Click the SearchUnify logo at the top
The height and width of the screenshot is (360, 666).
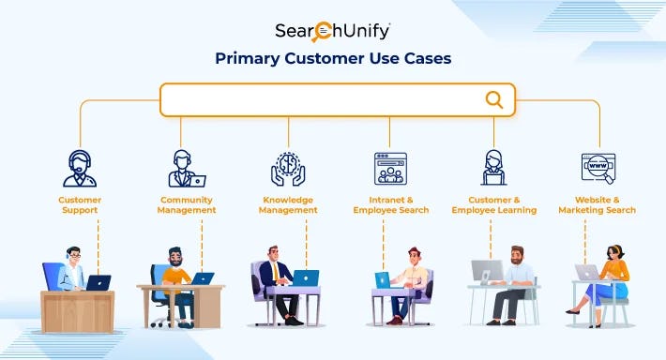[x=333, y=31]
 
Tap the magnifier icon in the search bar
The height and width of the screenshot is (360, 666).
[x=493, y=99]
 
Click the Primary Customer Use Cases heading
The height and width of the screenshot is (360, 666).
[x=333, y=58]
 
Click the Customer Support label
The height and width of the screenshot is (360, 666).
[x=80, y=204]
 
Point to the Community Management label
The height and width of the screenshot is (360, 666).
[x=187, y=204]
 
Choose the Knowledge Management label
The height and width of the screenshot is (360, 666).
[x=288, y=204]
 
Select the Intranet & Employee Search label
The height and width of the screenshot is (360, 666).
[x=390, y=204]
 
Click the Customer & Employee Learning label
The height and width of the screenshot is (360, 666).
[x=493, y=204]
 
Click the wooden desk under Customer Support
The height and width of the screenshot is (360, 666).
[x=77, y=309]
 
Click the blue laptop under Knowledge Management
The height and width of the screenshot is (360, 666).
[x=306, y=277]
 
